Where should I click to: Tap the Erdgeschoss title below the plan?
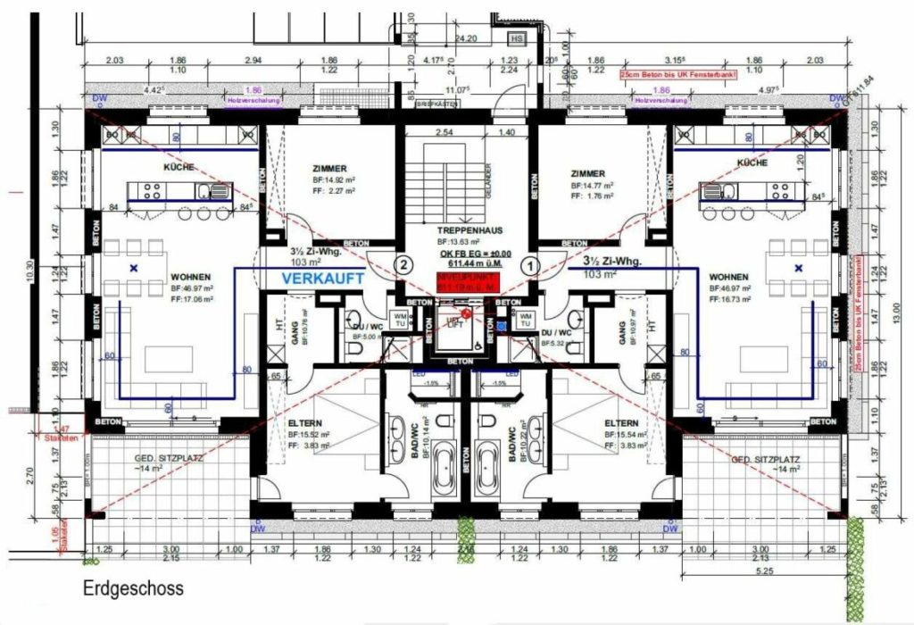tap(133, 589)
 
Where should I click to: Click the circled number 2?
tap(403, 264)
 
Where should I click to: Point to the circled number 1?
tap(528, 264)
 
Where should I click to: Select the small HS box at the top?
tap(516, 39)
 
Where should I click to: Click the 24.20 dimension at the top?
tap(465, 40)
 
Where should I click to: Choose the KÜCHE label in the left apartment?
tap(178, 167)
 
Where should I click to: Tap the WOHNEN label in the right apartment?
tap(727, 277)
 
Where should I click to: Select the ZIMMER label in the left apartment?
tap(329, 168)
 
